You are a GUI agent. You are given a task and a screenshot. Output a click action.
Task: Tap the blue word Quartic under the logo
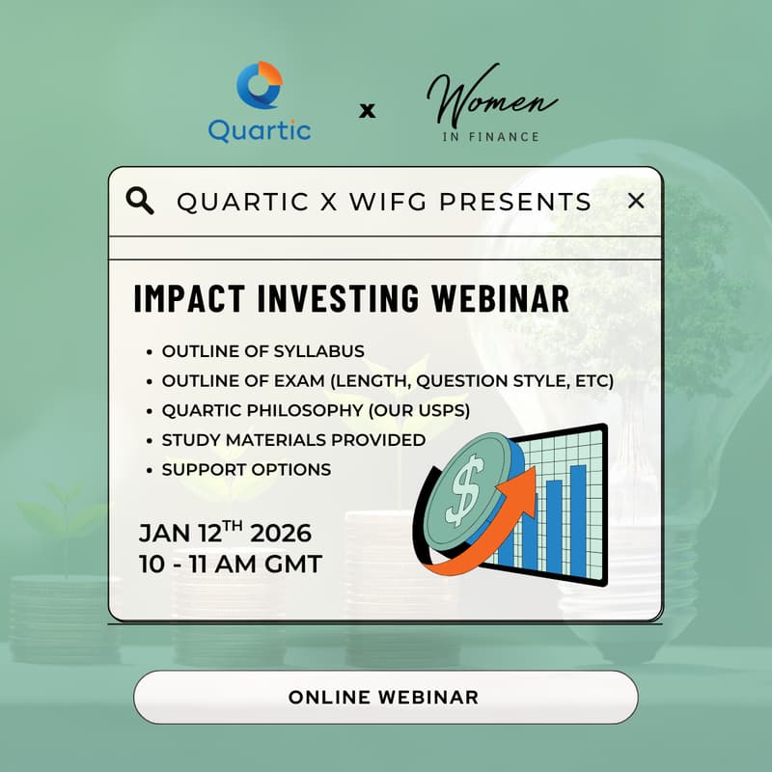260,130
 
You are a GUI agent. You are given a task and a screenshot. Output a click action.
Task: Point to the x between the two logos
367,111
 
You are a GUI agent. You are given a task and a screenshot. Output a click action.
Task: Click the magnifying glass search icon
141,201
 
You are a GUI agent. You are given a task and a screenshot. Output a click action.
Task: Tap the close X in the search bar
635,201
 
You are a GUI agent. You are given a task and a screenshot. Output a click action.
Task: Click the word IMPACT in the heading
179,298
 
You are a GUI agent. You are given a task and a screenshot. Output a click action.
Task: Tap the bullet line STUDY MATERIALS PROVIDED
293,440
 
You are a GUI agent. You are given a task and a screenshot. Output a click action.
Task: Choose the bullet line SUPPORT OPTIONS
246,470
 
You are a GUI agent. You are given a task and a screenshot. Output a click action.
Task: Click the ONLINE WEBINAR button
385,697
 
